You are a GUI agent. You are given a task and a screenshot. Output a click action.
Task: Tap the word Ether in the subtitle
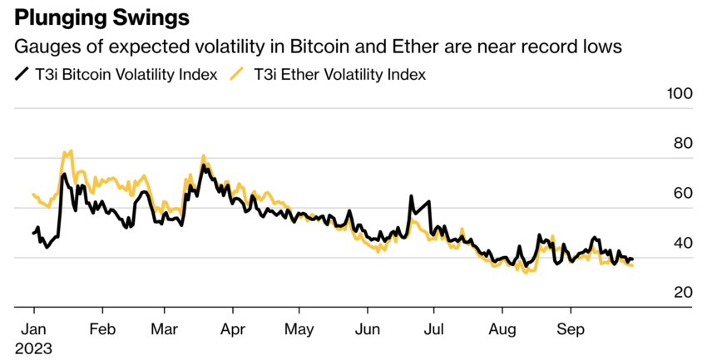[x=388, y=47]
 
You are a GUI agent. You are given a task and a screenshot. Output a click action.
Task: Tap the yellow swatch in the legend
[x=238, y=75]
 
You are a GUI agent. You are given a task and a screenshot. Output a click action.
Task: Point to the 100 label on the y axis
[x=680, y=94]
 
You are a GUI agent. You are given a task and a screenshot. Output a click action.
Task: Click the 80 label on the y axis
[x=683, y=144]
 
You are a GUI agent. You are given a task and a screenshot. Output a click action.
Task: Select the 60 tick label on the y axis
[x=683, y=193]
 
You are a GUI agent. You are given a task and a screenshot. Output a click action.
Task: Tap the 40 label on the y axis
[x=683, y=243]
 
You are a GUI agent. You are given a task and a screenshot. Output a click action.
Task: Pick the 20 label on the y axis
[x=683, y=293]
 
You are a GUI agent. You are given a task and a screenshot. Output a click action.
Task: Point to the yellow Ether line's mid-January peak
[x=70, y=151]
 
